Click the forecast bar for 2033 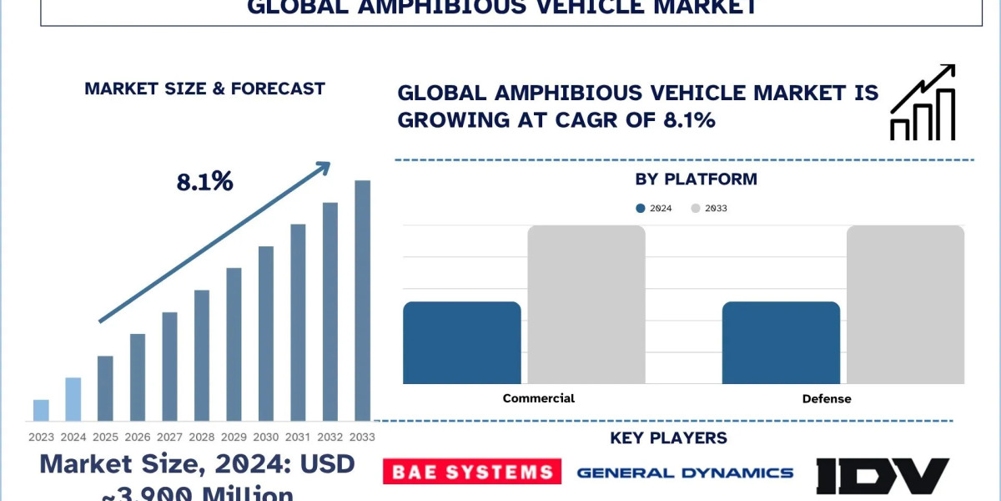tap(362, 301)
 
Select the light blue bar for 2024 tap(73, 399)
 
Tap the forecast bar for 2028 tap(202, 355)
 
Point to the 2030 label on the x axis tap(265, 437)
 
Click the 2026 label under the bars tap(138, 437)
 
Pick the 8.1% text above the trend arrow tap(204, 182)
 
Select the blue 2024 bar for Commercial tap(461, 342)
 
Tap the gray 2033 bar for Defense tap(905, 305)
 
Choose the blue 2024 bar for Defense tap(781, 342)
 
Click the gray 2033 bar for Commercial tap(586, 305)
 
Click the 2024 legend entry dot tap(640, 208)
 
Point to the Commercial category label tap(538, 398)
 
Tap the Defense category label tap(827, 398)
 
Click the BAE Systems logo tap(471, 472)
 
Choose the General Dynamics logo tap(685, 473)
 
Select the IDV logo tap(883, 474)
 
